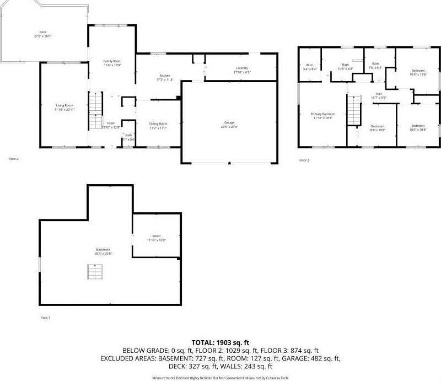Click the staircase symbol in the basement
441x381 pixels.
pos(94,272)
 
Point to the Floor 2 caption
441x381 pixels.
pos(13,159)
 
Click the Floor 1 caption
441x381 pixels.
pos(46,318)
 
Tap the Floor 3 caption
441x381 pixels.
pos(304,160)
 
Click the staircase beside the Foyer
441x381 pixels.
pos(96,110)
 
